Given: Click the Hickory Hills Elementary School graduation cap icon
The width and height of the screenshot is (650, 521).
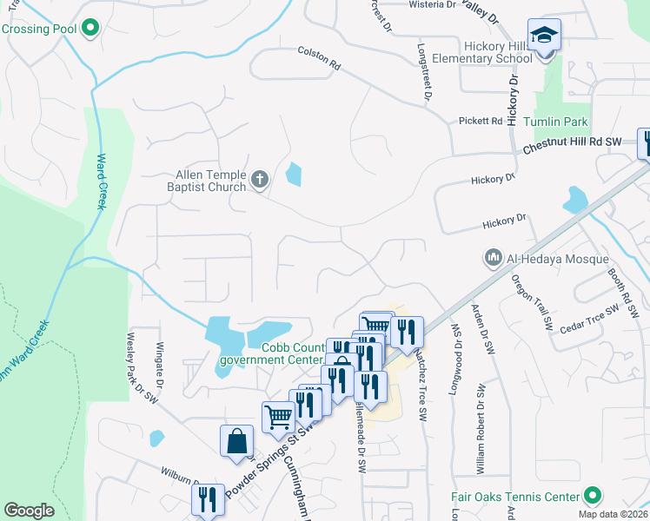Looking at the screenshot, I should point(545,35).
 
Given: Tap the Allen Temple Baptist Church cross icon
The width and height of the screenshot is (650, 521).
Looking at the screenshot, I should point(259,181).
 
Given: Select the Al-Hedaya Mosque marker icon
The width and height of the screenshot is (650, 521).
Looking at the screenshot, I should point(493,258).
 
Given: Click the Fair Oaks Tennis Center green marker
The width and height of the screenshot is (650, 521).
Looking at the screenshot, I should point(593,497).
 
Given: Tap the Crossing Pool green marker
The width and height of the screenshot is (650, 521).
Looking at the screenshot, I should point(90,30).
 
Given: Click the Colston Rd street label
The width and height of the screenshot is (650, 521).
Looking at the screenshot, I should point(319,58).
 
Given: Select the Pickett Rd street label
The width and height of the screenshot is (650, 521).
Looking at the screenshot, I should point(481,121).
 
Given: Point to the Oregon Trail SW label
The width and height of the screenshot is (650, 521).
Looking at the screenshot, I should point(531,303).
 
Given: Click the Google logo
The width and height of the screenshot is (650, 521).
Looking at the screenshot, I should point(29,511).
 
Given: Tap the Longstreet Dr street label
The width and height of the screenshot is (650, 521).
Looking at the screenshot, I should point(424,72).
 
